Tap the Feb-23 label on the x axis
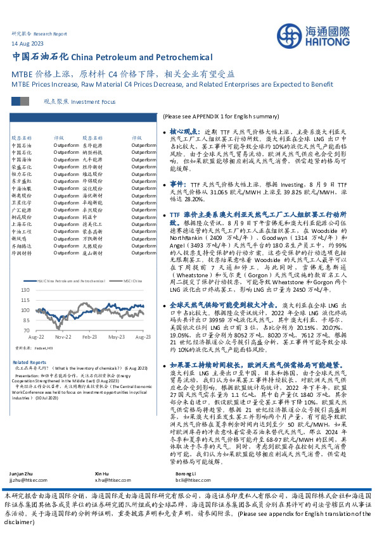89,337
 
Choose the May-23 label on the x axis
117,337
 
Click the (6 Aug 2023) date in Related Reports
136,368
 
